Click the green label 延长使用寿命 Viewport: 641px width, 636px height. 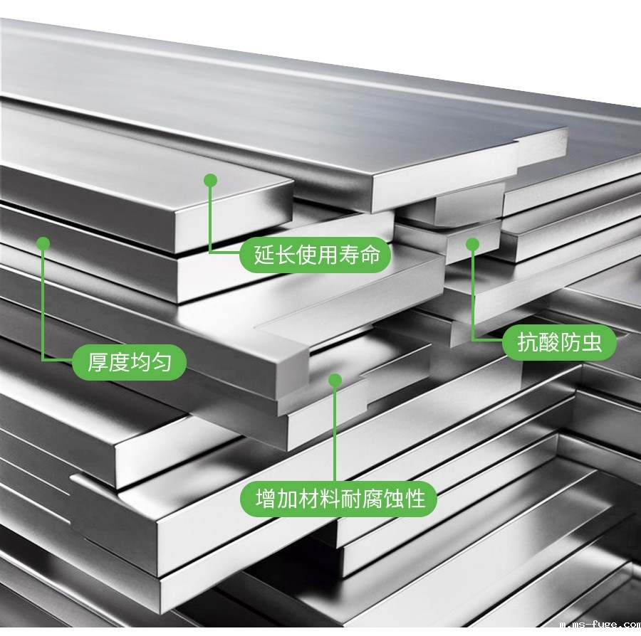[316, 255]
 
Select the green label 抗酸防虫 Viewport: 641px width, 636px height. [559, 342]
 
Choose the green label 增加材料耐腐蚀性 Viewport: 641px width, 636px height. [338, 499]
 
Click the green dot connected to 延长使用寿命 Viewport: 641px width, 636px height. [211, 181]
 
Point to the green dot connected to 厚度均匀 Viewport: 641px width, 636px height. [43, 244]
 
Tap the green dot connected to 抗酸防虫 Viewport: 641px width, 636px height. [473, 244]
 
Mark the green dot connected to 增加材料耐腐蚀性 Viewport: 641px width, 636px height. [335, 381]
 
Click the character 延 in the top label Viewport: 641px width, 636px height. [264, 255]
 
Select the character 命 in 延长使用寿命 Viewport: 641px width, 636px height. [370, 255]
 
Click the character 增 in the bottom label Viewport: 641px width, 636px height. [266, 499]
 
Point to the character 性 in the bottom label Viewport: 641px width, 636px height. [415, 499]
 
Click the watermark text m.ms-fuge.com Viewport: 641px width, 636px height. [600, 624]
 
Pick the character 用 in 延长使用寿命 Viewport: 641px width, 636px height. [328, 255]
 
